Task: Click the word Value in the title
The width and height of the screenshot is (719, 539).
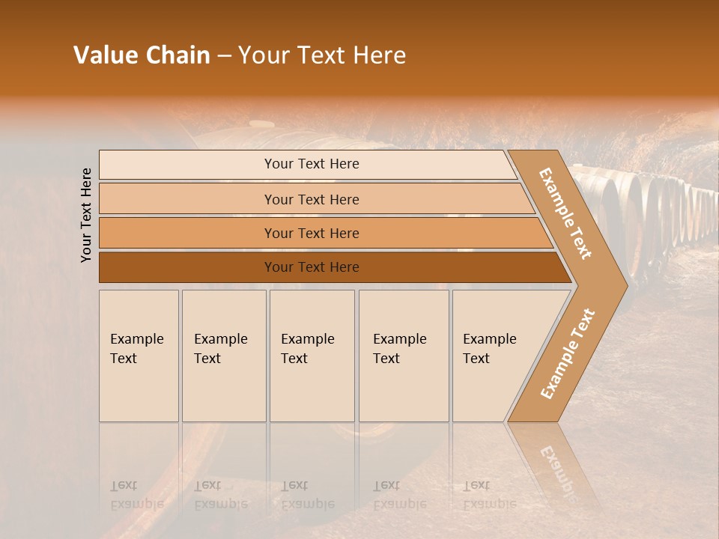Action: click(x=104, y=55)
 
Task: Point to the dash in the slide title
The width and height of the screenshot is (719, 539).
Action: click(x=224, y=56)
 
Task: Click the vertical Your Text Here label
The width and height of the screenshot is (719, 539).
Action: click(x=86, y=215)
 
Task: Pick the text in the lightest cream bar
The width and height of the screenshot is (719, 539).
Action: click(x=312, y=164)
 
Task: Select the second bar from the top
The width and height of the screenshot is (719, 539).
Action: click(x=312, y=199)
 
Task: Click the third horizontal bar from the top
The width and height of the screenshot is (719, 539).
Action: click(x=312, y=233)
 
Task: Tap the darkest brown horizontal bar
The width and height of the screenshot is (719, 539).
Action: click(x=312, y=267)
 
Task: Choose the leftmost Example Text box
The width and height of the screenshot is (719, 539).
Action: click(x=139, y=356)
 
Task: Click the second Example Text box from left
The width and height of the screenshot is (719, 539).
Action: click(x=223, y=356)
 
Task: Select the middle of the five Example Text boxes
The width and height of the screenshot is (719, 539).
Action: click(x=312, y=356)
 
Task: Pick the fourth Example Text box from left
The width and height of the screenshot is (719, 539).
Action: click(x=403, y=356)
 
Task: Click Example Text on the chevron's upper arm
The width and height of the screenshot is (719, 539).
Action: click(x=565, y=214)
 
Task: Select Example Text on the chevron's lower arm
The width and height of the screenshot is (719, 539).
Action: click(x=567, y=354)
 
